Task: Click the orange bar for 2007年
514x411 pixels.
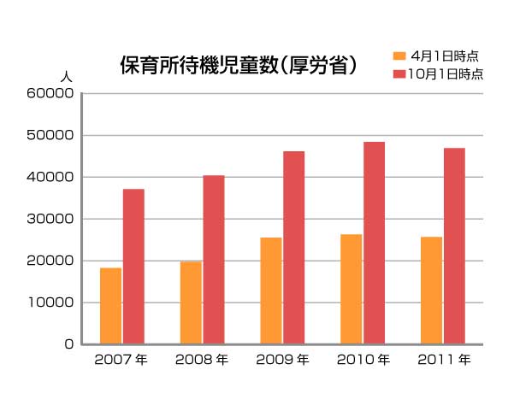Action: coord(110,306)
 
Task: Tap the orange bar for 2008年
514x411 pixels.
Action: coord(191,302)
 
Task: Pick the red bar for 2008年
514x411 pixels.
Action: coord(214,260)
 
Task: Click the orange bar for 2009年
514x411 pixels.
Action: coord(271,291)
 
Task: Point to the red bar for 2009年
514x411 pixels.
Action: coord(294,248)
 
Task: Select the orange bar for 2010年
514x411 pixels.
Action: coord(352,289)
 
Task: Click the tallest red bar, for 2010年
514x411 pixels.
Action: coord(375,243)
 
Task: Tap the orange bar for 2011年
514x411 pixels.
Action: coord(432,291)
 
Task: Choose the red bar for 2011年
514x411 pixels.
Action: coord(455,246)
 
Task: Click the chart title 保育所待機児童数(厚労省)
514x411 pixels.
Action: coord(239,66)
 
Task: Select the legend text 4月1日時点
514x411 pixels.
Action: coord(444,56)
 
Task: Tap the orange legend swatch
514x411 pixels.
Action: coord(399,56)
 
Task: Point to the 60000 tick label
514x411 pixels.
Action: coord(51,93)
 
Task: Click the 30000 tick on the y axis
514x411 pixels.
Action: coord(51,219)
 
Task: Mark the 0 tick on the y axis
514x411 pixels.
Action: coord(68,344)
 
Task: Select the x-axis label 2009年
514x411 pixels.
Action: coord(282,360)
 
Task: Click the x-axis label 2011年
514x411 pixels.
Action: coord(443,360)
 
